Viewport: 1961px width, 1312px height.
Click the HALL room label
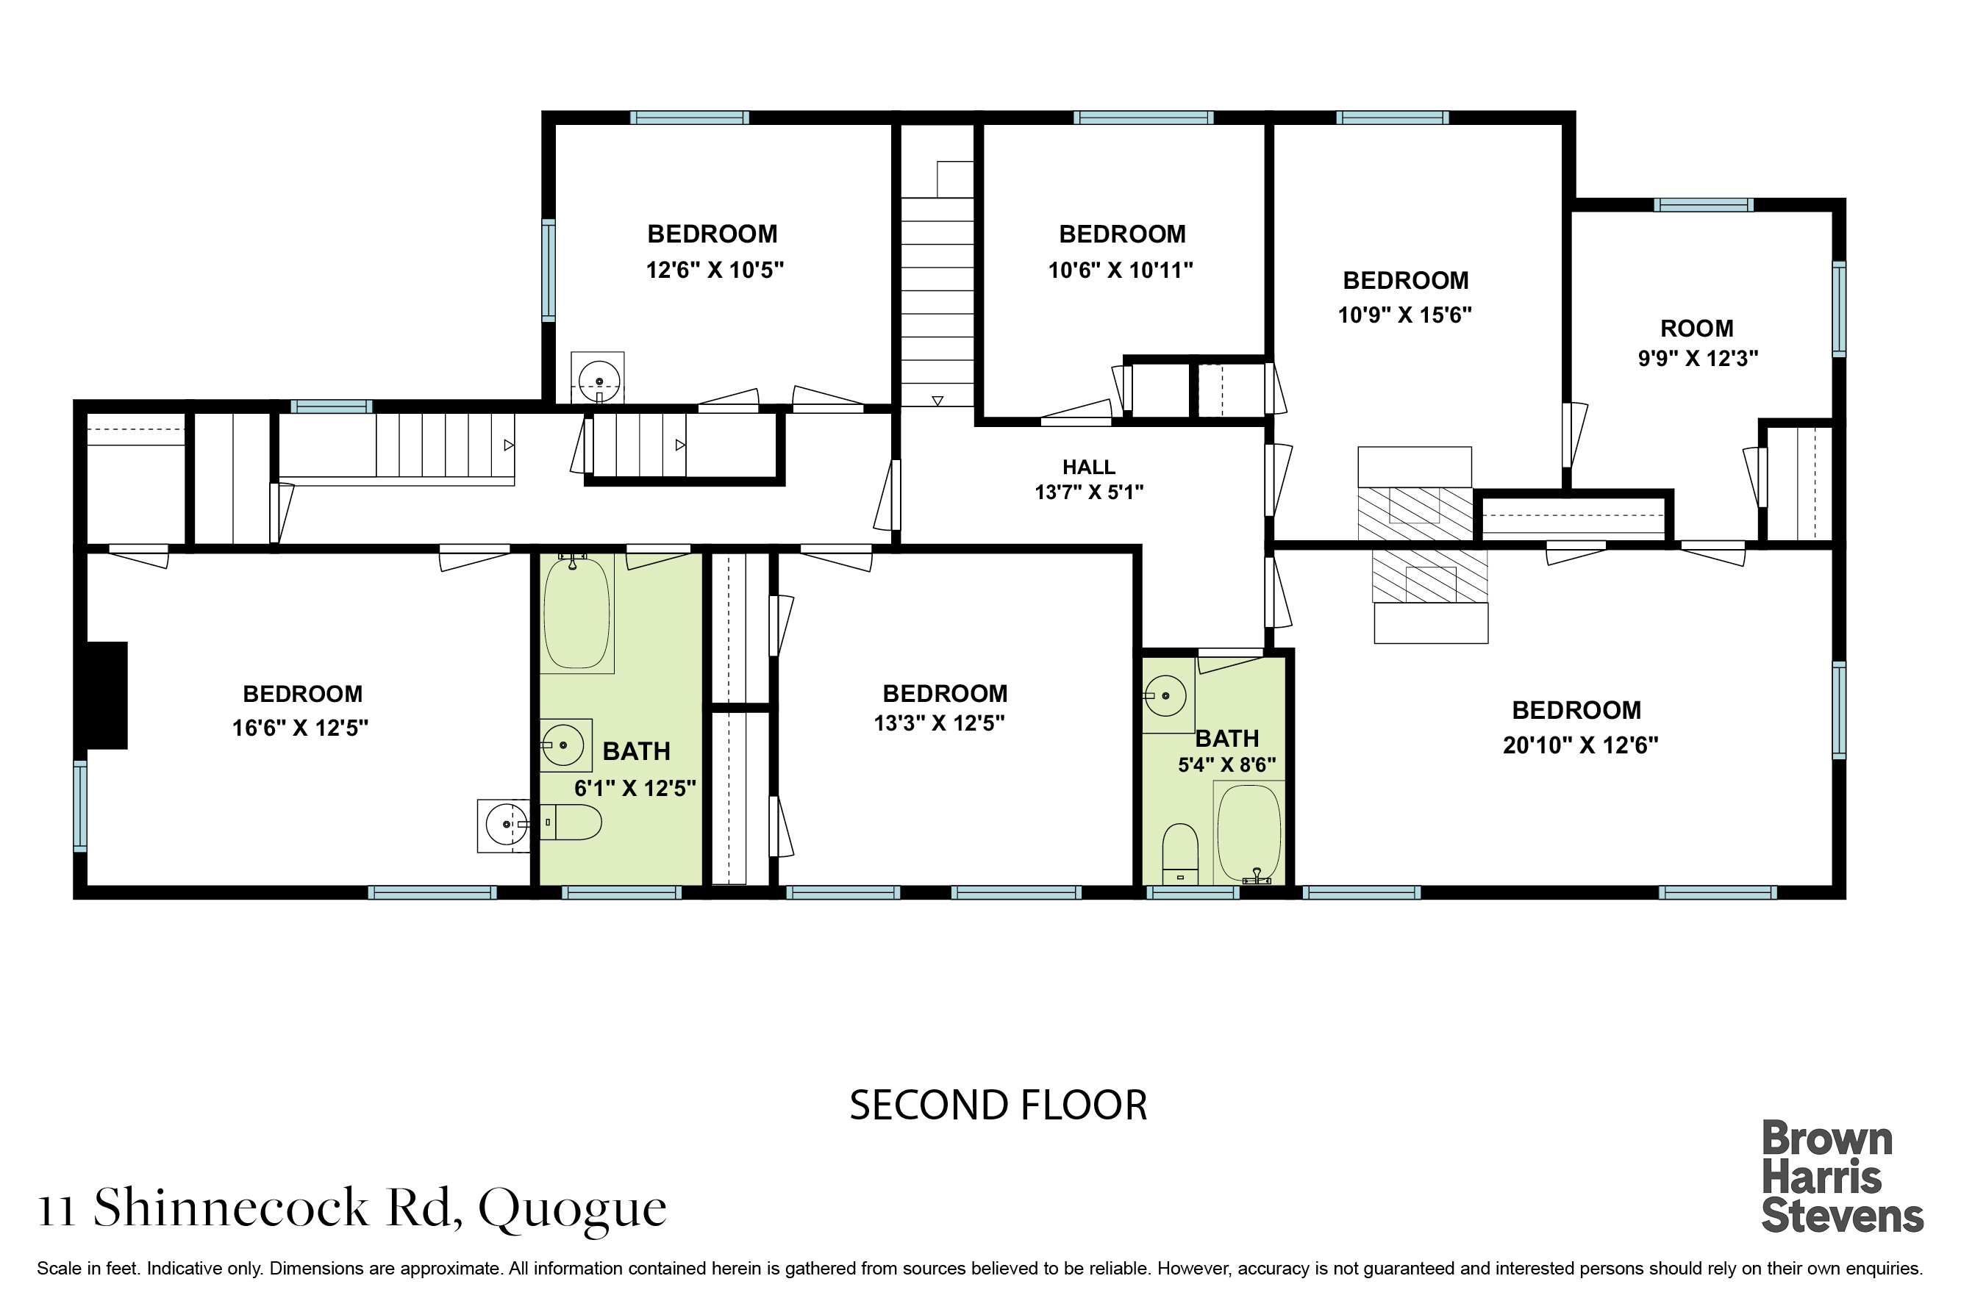(x=1089, y=467)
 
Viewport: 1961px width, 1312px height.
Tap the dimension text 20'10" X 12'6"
(x=1580, y=745)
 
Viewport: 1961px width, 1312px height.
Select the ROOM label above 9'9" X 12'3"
(x=1696, y=328)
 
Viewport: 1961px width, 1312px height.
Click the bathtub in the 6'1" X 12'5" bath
(x=576, y=613)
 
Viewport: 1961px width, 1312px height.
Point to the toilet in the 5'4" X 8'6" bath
(x=1180, y=853)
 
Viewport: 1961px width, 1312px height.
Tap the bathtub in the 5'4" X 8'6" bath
(x=1249, y=833)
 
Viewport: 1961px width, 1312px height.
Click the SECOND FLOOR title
(x=998, y=1105)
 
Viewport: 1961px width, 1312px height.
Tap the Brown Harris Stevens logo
(x=1842, y=1177)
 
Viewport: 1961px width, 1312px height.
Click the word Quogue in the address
(x=573, y=1208)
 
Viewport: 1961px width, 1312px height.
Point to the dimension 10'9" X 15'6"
(x=1404, y=315)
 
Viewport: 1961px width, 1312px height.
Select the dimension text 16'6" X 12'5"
(x=301, y=728)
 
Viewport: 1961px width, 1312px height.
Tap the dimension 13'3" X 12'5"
(x=940, y=723)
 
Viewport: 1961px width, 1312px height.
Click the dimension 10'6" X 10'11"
(x=1121, y=270)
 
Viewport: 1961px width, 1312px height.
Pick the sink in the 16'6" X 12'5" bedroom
(x=504, y=826)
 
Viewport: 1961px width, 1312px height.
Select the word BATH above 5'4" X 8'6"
(x=1227, y=739)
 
